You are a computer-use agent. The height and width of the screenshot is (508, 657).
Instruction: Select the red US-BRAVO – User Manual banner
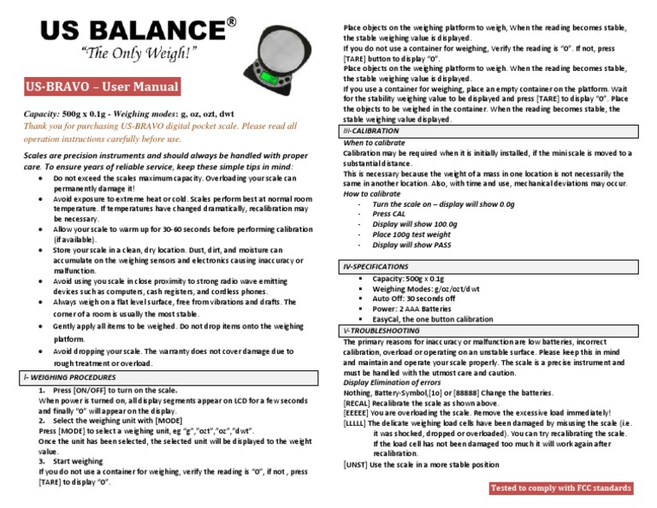pos(103,86)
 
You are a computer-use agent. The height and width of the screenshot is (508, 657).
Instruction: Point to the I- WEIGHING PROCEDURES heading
pos(69,377)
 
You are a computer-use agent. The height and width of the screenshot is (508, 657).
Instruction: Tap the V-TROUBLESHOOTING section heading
pos(379,329)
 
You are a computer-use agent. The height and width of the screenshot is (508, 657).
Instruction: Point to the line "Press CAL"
pos(392,214)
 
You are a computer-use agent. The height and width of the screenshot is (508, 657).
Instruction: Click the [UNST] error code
pos(357,464)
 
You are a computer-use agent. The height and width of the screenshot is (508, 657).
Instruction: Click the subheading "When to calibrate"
pos(377,142)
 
